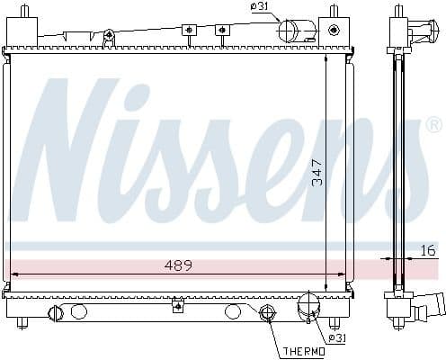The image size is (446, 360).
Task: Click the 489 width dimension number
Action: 176,265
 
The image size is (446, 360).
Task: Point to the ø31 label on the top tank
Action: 260,8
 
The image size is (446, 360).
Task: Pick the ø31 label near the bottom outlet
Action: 336,338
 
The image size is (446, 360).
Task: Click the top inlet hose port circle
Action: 289,31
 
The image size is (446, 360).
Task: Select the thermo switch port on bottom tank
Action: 267,313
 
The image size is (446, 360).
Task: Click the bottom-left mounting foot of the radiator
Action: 24,322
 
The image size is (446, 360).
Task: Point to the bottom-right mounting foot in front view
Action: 334,321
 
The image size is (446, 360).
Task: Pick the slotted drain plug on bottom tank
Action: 55,312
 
